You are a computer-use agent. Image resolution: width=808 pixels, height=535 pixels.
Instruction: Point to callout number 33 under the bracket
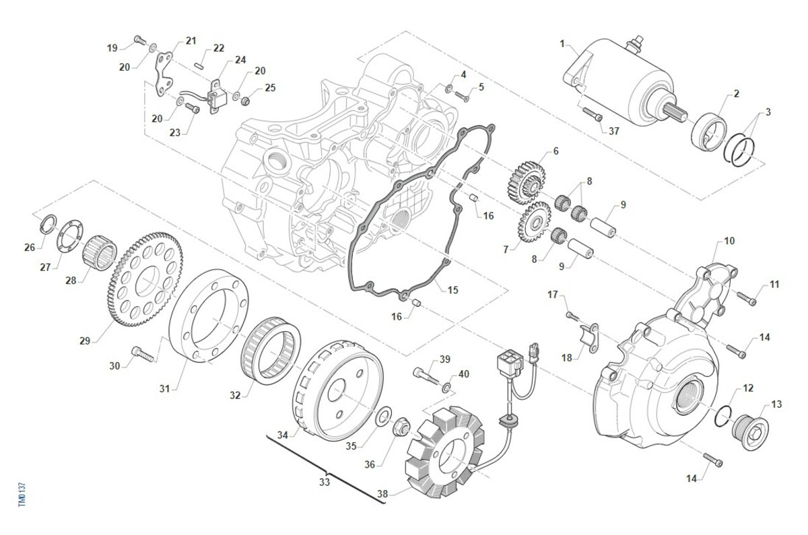coord(325,482)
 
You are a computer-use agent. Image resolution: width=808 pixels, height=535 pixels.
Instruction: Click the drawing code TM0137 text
coord(22,494)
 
